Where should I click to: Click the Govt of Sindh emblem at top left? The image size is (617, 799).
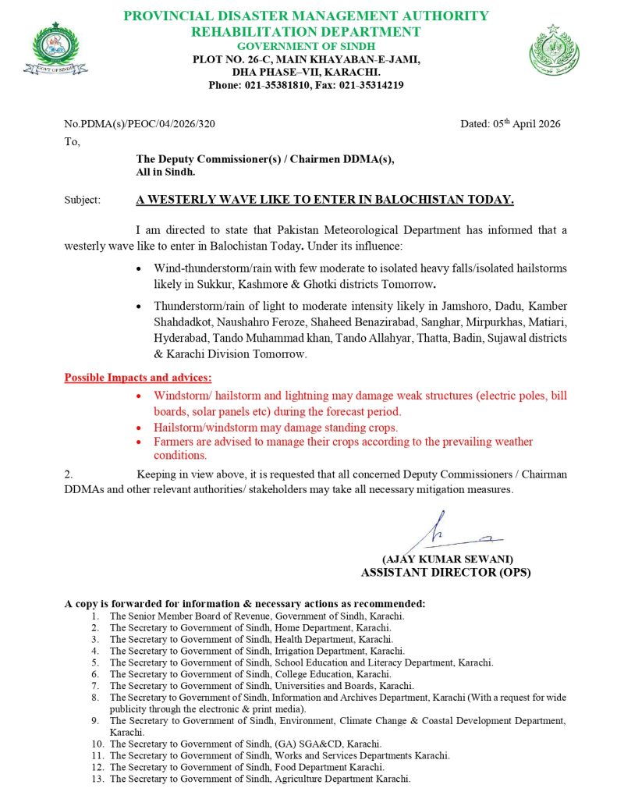tap(55, 49)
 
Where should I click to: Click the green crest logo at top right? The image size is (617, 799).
tap(554, 49)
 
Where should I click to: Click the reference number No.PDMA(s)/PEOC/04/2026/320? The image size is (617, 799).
tap(140, 123)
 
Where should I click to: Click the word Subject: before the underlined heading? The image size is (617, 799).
tap(82, 200)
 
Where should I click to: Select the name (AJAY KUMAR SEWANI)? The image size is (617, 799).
tap(447, 559)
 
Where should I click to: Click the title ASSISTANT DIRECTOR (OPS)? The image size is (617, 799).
tap(445, 572)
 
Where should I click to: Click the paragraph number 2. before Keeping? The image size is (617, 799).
tap(69, 474)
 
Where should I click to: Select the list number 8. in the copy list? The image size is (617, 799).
tap(95, 697)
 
